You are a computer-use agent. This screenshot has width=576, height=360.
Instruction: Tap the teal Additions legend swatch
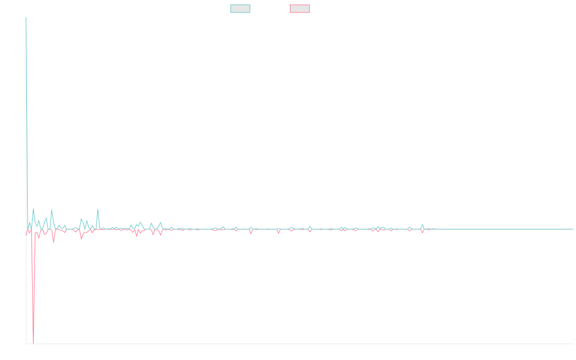[x=240, y=9]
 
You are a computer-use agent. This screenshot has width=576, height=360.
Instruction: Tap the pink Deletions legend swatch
[x=300, y=9]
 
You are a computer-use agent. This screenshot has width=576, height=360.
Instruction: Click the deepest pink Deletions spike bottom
[x=33, y=343]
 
